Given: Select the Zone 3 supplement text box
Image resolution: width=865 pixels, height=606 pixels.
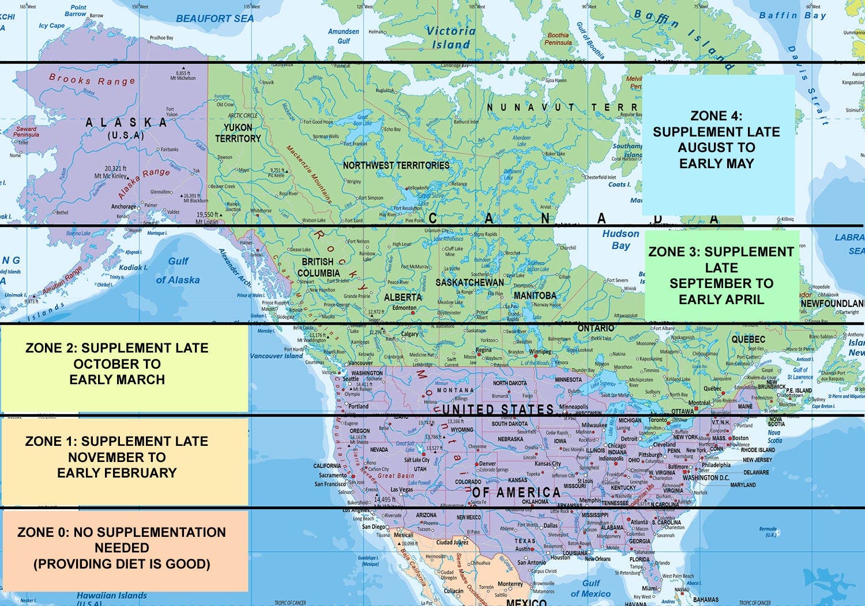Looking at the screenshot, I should (721, 275).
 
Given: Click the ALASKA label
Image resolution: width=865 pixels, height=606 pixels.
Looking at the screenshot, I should (126, 123).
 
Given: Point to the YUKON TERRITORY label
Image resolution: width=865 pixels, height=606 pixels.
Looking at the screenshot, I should (238, 133).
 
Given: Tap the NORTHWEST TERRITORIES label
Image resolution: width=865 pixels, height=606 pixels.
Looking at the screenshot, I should (396, 165).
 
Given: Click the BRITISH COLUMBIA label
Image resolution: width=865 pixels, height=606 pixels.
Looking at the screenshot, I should (318, 267).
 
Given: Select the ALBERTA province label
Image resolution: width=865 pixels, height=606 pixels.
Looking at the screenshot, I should (403, 297).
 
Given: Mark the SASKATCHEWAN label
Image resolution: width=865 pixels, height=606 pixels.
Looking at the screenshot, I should (469, 282).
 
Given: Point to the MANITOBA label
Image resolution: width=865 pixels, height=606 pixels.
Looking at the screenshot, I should (535, 296).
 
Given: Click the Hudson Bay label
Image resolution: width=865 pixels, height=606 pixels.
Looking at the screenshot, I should (620, 239).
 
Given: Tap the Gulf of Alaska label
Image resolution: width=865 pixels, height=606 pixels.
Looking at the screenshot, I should (178, 271).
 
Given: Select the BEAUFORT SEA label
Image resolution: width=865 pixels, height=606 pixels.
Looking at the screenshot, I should (215, 18).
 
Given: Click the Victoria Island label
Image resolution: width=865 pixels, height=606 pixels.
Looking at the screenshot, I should (451, 37).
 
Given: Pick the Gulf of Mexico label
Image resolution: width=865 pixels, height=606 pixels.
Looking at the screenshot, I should (590, 588).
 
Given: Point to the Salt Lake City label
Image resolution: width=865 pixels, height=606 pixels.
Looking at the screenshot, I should (416, 460).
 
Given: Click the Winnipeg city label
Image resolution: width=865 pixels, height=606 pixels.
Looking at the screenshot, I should (540, 351).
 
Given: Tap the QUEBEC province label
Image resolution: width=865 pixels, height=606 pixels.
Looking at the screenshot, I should (748, 339).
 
